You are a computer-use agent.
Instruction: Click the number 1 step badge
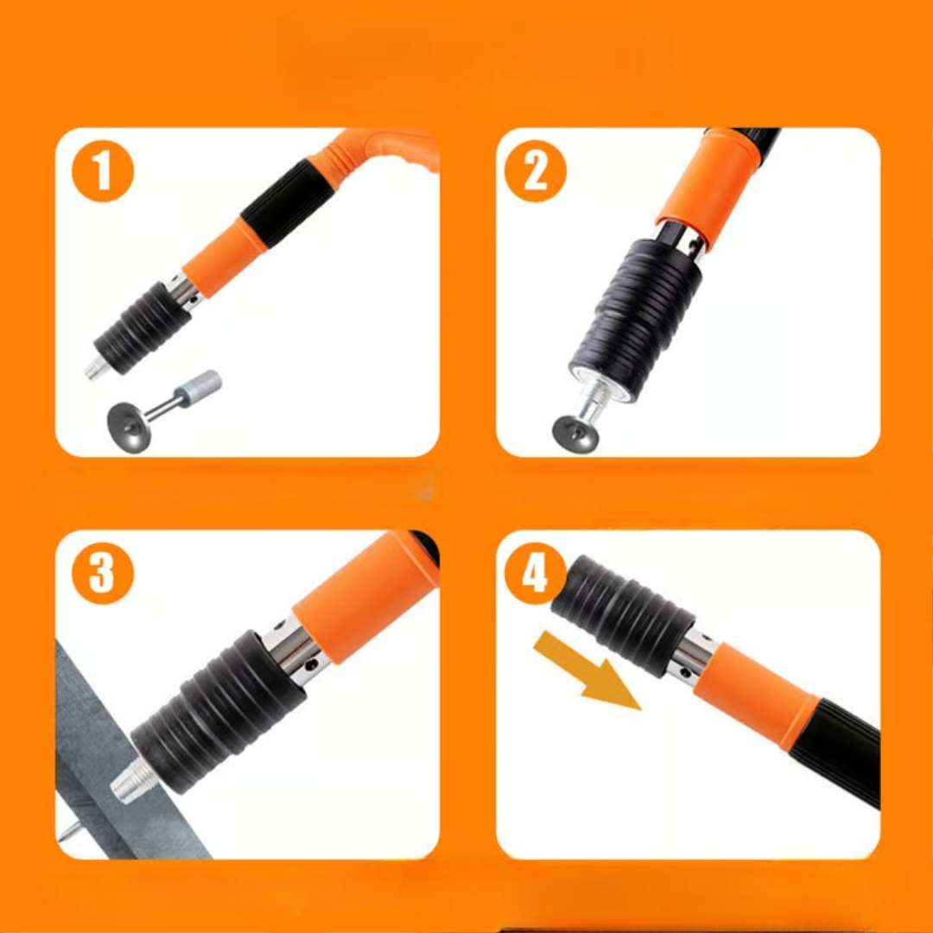[102, 171]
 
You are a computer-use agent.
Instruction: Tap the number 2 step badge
[535, 171]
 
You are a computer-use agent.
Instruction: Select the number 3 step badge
[102, 574]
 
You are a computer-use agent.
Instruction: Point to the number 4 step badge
[535, 574]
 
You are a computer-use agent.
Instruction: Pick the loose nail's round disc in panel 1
[129, 427]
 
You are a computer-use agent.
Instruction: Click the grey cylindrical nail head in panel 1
[200, 387]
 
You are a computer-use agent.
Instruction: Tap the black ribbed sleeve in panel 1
[143, 327]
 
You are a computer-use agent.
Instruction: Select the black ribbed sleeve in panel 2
[635, 320]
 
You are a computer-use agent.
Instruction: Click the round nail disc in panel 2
[574, 434]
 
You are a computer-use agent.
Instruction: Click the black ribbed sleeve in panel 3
[219, 711]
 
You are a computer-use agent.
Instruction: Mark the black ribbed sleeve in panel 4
[622, 616]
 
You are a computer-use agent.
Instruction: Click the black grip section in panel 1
[287, 203]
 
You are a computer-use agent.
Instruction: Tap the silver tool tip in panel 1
[97, 368]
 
